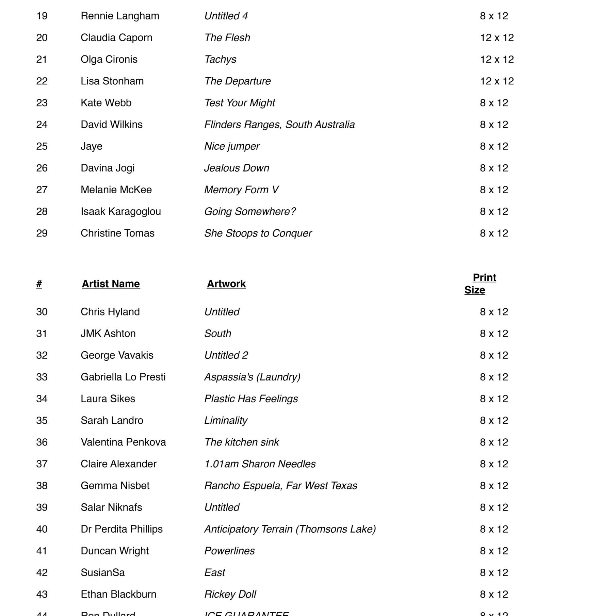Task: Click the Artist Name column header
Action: tap(111, 284)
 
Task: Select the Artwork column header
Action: tap(226, 284)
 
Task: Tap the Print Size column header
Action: tap(480, 284)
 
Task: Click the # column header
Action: tap(39, 284)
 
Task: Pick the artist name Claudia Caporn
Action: tap(116, 37)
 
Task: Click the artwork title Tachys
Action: tap(220, 59)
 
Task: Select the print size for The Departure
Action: tap(497, 81)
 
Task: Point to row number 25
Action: tap(42, 146)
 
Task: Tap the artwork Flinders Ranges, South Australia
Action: tap(279, 125)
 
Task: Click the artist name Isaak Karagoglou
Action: tap(121, 211)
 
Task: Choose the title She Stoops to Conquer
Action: tap(258, 233)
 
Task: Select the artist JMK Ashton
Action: tap(108, 334)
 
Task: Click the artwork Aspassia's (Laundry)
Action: tap(252, 377)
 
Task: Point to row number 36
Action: tap(42, 442)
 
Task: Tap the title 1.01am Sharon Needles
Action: tap(260, 464)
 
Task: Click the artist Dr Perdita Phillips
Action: tap(121, 529)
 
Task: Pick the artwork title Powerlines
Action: tap(229, 551)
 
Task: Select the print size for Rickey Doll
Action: tap(494, 594)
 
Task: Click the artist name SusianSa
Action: tap(103, 572)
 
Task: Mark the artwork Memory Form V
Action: tap(241, 190)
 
